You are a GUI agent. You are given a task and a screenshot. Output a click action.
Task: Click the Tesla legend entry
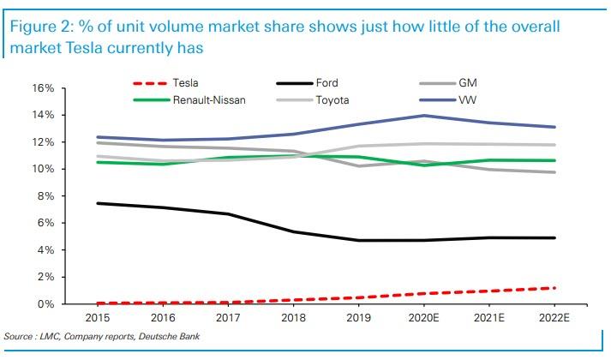(x=165, y=83)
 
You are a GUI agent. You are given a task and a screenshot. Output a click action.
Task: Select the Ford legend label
(x=326, y=83)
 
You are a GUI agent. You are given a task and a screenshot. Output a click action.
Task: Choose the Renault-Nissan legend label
(x=209, y=100)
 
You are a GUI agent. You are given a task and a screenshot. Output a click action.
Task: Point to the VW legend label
(x=468, y=100)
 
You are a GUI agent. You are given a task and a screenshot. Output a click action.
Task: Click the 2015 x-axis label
(x=98, y=318)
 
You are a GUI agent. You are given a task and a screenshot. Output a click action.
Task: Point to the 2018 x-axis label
(x=293, y=318)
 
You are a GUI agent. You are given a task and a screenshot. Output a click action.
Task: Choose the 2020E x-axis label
(x=423, y=318)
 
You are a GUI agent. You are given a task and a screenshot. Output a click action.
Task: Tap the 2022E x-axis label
(x=554, y=318)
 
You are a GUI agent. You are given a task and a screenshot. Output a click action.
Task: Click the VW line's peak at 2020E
(x=424, y=116)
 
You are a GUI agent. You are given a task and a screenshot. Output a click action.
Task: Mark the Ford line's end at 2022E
(x=554, y=237)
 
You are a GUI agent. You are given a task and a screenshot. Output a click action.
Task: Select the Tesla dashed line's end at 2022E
(x=554, y=288)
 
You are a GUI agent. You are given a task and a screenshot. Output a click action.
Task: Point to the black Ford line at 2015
(x=98, y=203)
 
